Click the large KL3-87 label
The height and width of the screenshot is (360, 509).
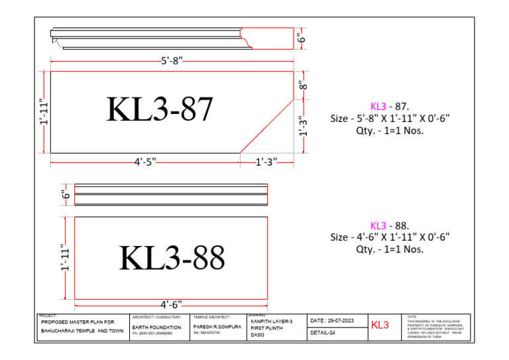pos(160,110)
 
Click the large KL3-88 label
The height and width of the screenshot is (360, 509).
pos(172,258)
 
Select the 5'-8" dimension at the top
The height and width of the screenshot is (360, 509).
pos(172,61)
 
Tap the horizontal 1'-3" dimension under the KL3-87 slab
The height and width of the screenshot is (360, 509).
pos(265,161)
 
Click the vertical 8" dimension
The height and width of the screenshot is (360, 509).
pos(303,86)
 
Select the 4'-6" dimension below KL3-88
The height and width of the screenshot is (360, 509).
pos(171,304)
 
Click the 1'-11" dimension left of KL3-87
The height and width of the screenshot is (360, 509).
pos(42,112)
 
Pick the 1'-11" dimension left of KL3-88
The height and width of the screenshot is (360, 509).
pos(66,258)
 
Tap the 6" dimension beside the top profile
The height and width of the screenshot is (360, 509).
pos(302,38)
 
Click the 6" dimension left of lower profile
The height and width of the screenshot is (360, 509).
pos(66,194)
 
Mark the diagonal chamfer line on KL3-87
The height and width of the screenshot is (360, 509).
pos(266,126)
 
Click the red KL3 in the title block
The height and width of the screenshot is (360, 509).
pos(380,325)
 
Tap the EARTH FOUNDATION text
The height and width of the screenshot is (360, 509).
pos(156,328)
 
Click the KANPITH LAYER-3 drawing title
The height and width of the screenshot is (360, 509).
pos(270,320)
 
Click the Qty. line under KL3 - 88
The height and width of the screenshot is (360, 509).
pos(390,249)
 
